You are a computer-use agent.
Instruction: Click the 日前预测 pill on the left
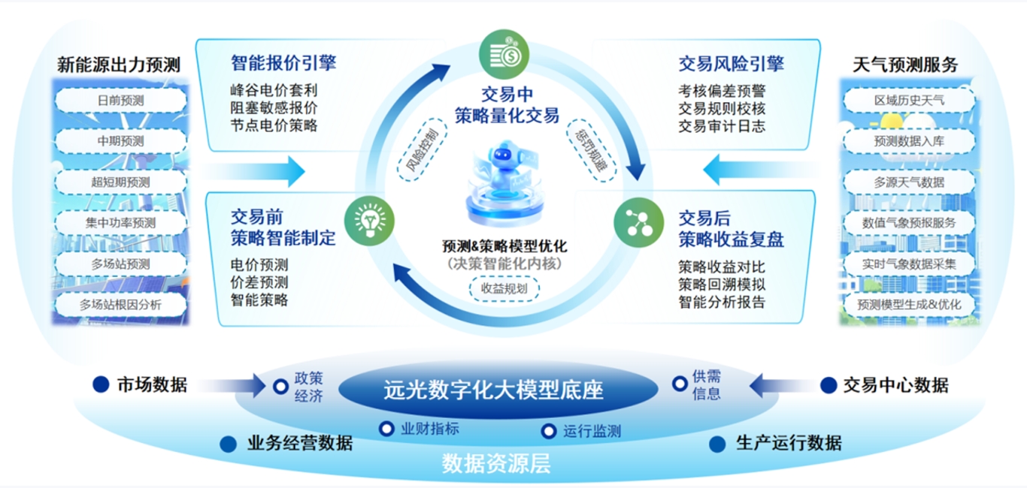click(121, 100)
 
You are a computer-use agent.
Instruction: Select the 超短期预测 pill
click(121, 182)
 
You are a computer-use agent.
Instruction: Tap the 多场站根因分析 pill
click(121, 305)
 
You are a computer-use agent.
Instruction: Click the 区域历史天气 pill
click(910, 100)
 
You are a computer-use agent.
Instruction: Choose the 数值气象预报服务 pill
click(910, 222)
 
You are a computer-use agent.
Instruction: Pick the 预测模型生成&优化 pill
click(910, 305)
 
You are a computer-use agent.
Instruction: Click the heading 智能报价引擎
click(283, 62)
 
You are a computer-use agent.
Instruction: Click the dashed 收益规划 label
click(504, 288)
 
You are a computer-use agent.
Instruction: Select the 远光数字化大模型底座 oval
click(493, 390)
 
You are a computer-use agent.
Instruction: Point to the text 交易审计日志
click(722, 125)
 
